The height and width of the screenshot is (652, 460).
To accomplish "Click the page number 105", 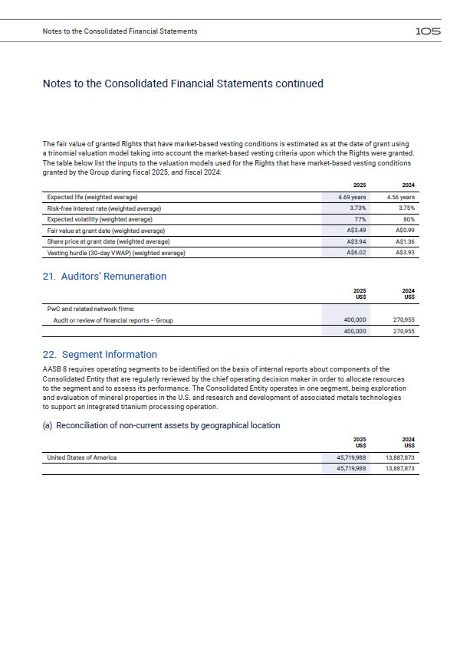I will (x=428, y=31).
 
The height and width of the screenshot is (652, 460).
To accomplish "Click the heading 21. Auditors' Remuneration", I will (x=104, y=277).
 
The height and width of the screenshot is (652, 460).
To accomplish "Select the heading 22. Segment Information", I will (x=100, y=355).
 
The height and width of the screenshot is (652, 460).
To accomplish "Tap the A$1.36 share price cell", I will (x=404, y=241).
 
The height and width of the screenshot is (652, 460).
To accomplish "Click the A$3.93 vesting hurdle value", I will (x=404, y=253).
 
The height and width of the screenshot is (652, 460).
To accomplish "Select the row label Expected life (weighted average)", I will (x=92, y=198).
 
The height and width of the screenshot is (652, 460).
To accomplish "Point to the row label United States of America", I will (x=82, y=457).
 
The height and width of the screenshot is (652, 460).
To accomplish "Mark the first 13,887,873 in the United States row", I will (x=399, y=457).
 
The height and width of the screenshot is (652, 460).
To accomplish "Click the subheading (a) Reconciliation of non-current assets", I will (x=161, y=425).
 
